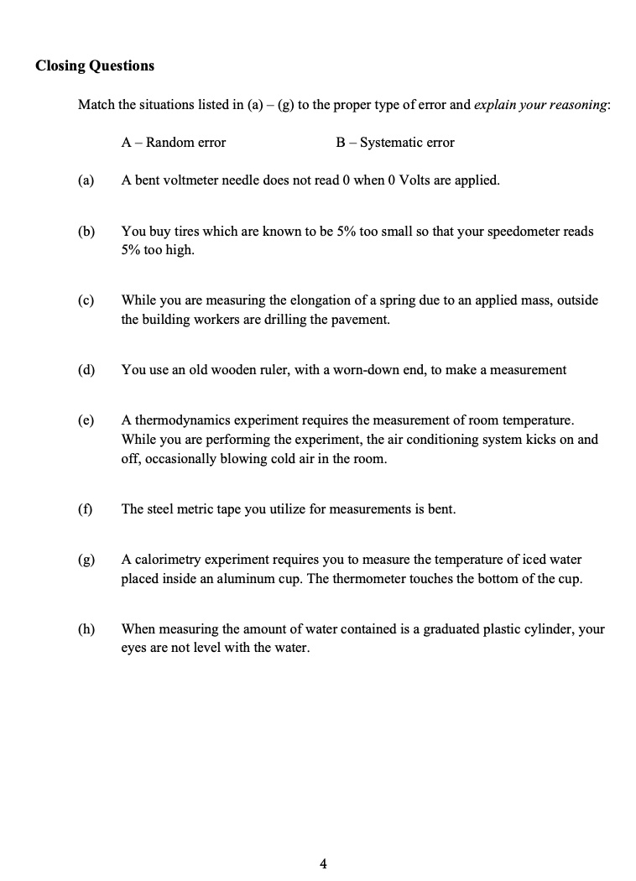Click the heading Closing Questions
point(95,65)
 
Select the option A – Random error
point(173,143)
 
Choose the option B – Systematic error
point(394,143)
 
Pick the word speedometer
point(522,231)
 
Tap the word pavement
point(362,319)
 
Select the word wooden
point(227,369)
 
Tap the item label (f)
point(85,508)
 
